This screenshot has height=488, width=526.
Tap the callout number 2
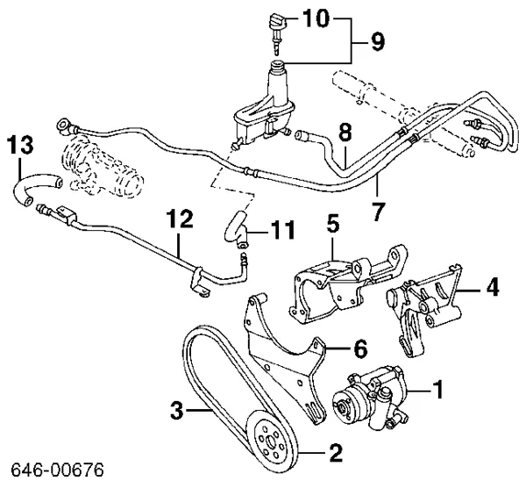pos(334,454)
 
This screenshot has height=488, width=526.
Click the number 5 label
pos(332,222)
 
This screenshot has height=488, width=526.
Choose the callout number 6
pos(359,348)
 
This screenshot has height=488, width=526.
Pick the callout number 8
pos(345,133)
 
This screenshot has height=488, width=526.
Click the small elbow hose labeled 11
pos(233,227)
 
